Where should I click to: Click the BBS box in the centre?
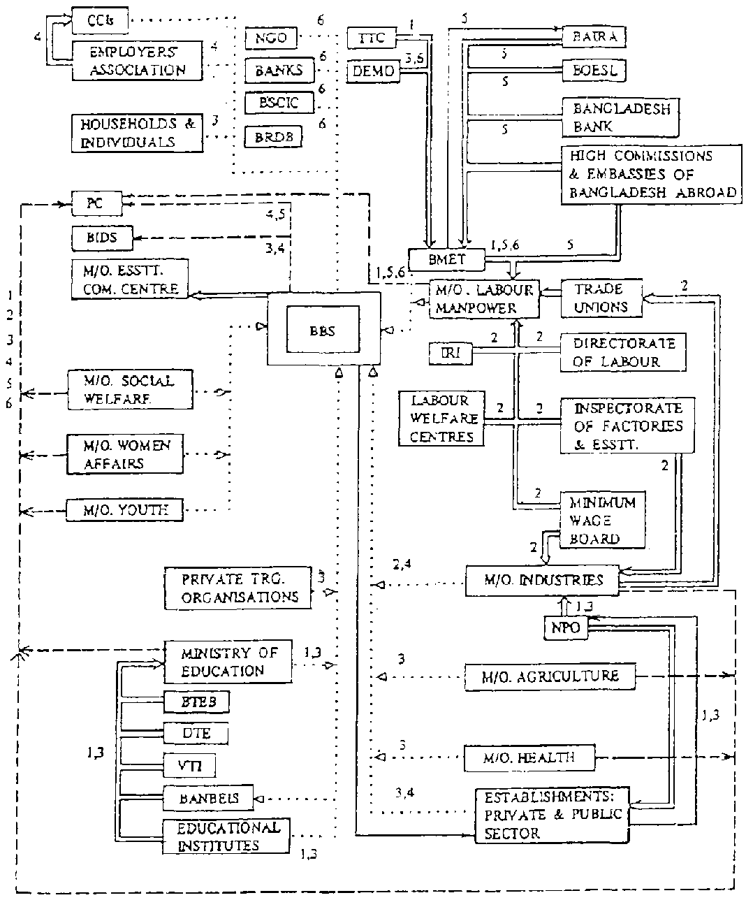[x=323, y=331]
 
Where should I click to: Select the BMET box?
[x=446, y=260]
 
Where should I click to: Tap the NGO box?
[x=271, y=38]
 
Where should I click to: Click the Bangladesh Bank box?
[x=621, y=117]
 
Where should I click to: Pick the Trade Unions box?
[x=600, y=298]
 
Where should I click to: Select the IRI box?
[x=451, y=353]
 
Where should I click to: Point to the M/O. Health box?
[x=530, y=757]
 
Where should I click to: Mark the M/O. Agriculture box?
[x=550, y=676]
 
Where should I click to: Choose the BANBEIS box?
[x=207, y=797]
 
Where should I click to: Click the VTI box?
[x=189, y=766]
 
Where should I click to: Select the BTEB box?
[x=196, y=702]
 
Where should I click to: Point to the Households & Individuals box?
[x=137, y=132]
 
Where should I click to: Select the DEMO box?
[x=374, y=71]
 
